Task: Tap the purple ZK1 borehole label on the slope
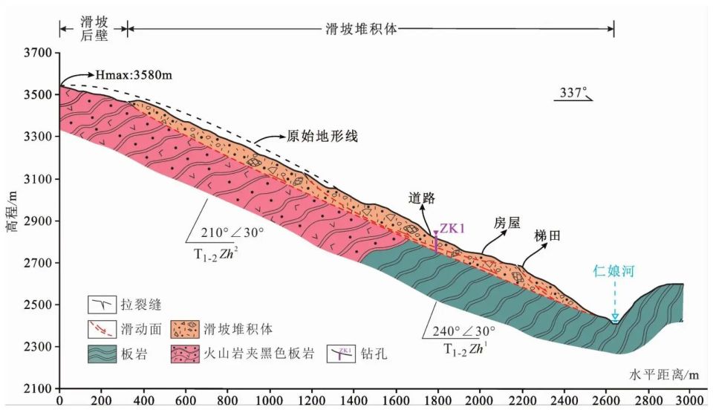pyautogui.click(x=452, y=228)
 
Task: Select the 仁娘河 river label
pyautogui.click(x=613, y=273)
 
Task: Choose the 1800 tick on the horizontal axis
pyautogui.click(x=437, y=400)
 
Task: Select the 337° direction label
pyautogui.click(x=573, y=94)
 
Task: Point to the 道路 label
pyautogui.click(x=420, y=198)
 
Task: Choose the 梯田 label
pyautogui.click(x=547, y=234)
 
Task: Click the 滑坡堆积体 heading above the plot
pyautogui.click(x=363, y=30)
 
